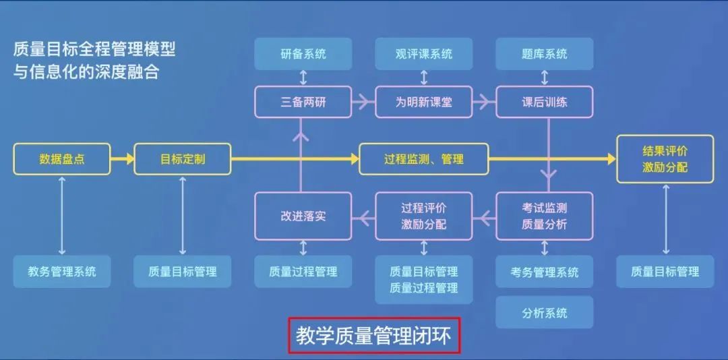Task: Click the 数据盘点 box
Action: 62,159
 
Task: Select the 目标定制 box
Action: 183,159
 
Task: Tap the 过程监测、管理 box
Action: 424,159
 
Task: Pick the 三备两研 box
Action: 303,102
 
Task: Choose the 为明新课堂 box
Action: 424,102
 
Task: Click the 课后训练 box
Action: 545,102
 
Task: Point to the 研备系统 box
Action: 303,54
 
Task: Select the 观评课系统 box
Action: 424,54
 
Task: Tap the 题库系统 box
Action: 545,54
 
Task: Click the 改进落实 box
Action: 303,216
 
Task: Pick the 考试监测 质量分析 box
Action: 545,216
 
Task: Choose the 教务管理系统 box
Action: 62,271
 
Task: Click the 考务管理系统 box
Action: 545,271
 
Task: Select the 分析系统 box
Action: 545,312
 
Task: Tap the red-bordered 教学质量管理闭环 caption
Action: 374,335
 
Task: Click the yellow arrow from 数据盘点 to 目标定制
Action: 123,159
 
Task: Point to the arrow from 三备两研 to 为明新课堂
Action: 364,102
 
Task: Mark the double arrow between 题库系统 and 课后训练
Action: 545,78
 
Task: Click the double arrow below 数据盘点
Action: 62,215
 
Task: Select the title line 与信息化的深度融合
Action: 86,72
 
